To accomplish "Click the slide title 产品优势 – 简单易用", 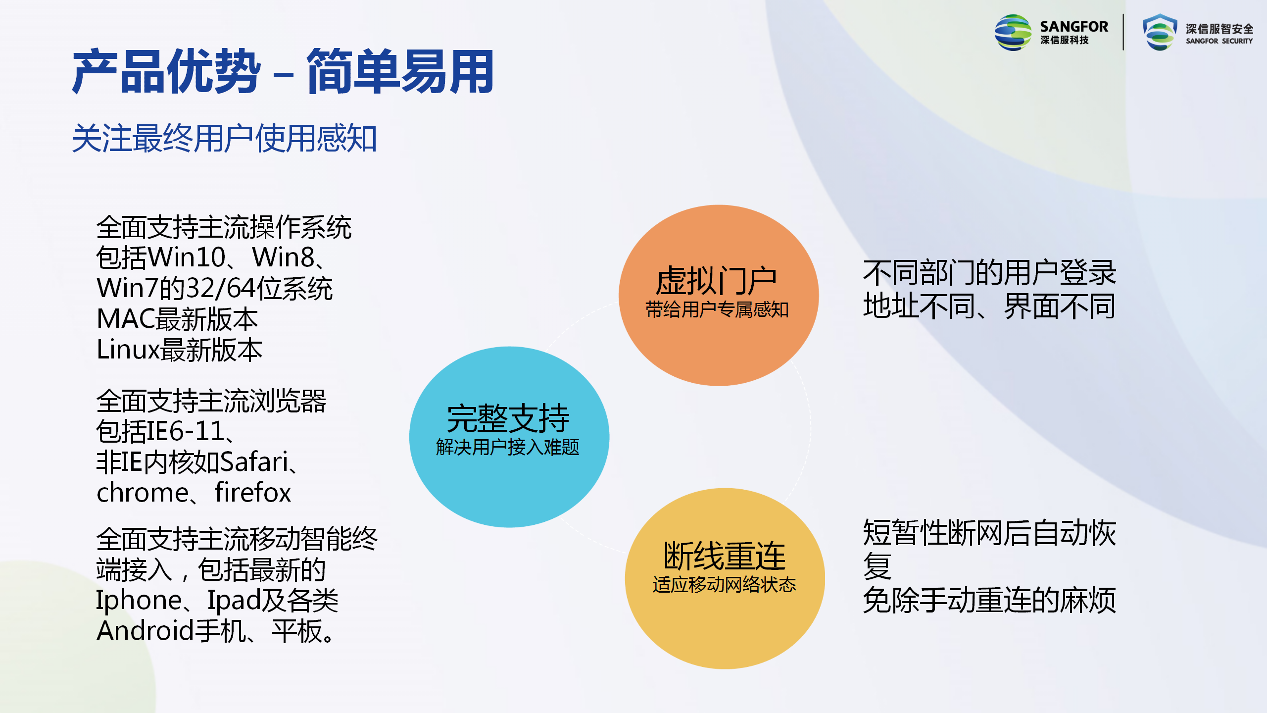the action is [283, 72].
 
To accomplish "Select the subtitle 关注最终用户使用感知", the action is [225, 138].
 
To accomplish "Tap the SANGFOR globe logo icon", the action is [1013, 33].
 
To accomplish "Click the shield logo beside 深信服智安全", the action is [1160, 32].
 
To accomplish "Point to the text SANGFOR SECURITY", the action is [1219, 41].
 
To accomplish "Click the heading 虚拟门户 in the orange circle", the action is [716, 281].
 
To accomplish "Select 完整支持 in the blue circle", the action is [508, 418].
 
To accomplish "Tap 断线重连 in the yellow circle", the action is [725, 556].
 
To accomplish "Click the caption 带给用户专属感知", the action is [717, 310].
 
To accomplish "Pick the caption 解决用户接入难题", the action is [508, 447].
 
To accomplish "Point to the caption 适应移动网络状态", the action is [725, 585].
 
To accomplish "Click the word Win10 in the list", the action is [188, 257].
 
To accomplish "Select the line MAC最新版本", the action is [177, 319].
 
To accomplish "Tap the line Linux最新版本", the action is [179, 350].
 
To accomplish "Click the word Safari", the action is [254, 461].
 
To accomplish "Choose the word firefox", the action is [252, 493].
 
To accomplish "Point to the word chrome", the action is [143, 493].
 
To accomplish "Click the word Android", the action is [146, 631].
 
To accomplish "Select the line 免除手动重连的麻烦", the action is [989, 600].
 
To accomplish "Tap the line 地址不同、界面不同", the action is [989, 306].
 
